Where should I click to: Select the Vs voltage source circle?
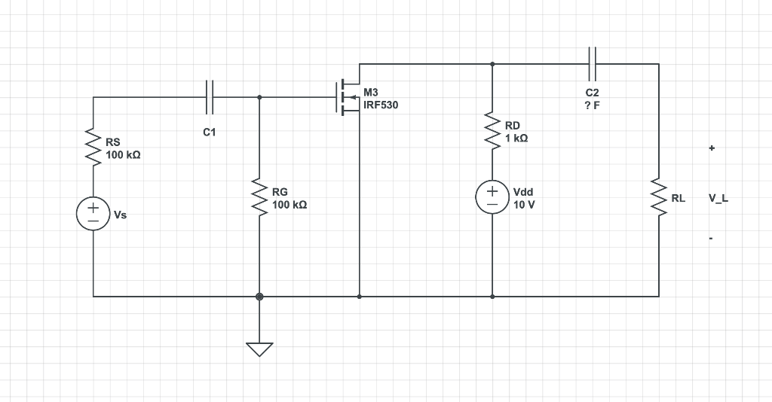pyautogui.click(x=93, y=215)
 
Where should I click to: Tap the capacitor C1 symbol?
pyautogui.click(x=210, y=97)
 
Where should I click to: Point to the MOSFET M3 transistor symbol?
pyautogui.click(x=348, y=97)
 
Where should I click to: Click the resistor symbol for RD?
pyautogui.click(x=492, y=132)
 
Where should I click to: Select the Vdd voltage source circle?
pyautogui.click(x=492, y=198)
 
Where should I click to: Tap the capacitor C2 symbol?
pyautogui.click(x=592, y=64)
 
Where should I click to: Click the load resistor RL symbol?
pyautogui.click(x=659, y=198)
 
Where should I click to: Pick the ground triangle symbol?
pyautogui.click(x=259, y=349)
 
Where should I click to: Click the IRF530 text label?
pyautogui.click(x=381, y=105)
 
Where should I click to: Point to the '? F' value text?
pyautogui.click(x=592, y=105)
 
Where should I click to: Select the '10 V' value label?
pyautogui.click(x=524, y=205)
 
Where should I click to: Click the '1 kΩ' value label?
pyautogui.click(x=516, y=139)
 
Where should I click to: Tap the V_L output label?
pyautogui.click(x=718, y=199)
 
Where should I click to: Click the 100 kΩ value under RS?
pyautogui.click(x=123, y=154)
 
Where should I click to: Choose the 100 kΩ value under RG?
pyautogui.click(x=289, y=205)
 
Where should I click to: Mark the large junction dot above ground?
pyautogui.click(x=259, y=297)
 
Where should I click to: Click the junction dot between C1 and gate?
pyautogui.click(x=259, y=97)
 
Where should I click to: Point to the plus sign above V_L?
pyautogui.click(x=711, y=149)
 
